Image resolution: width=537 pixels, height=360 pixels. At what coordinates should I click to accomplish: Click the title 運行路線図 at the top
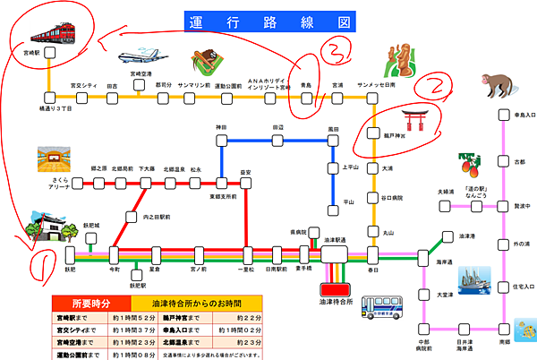click(268, 20)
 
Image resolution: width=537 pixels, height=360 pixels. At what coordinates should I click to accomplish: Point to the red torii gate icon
click(413, 121)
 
